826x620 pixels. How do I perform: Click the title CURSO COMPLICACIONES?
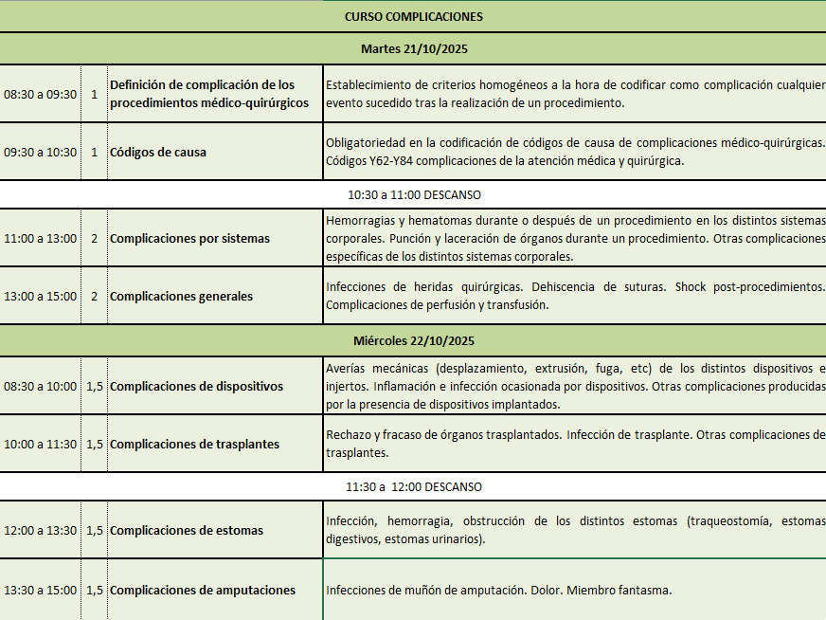point(413,16)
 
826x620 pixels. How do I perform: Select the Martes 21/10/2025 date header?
point(414,48)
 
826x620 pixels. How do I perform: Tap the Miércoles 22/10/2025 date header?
point(414,340)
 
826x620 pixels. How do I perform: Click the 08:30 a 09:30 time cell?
point(41,94)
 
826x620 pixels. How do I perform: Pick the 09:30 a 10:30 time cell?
point(41,152)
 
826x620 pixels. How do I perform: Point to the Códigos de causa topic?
point(158,152)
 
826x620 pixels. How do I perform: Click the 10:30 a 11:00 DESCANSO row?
point(414,194)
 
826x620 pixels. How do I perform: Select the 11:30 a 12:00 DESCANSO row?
point(414,486)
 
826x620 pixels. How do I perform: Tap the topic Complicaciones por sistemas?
point(189,238)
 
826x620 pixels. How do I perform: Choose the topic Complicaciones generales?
point(181,296)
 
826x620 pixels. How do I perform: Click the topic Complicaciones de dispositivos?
point(196,386)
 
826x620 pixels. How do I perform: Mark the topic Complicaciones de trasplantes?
point(194,444)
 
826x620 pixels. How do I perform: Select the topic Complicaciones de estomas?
point(187,530)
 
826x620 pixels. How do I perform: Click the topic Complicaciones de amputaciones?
point(203,590)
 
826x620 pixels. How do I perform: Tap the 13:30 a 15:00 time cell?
point(41,590)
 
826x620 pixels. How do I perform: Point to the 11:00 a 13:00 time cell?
point(41,238)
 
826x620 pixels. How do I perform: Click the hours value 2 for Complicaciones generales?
point(94,296)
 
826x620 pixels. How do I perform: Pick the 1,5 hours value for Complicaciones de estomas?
point(95,530)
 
